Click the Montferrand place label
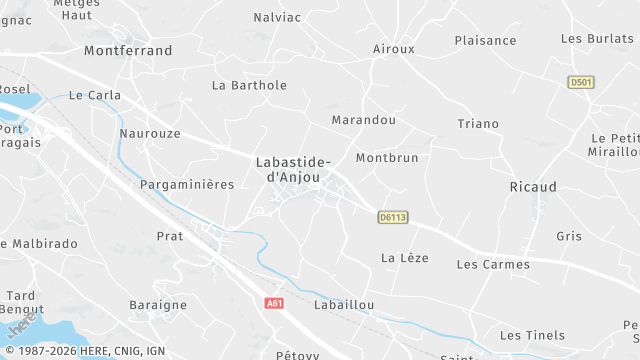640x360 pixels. pyautogui.click(x=128, y=50)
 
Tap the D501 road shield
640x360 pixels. pyautogui.click(x=580, y=82)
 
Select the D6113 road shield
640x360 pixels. pyautogui.click(x=394, y=217)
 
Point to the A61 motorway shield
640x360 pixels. pyautogui.click(x=275, y=303)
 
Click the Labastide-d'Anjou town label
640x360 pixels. pyautogui.click(x=293, y=168)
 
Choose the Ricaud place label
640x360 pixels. pyautogui.click(x=533, y=187)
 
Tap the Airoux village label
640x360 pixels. pyautogui.click(x=393, y=48)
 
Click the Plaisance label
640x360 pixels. pyautogui.click(x=485, y=40)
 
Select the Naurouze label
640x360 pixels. pyautogui.click(x=149, y=132)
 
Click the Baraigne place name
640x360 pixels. pyautogui.click(x=158, y=304)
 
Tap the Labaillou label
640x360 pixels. pyautogui.click(x=343, y=304)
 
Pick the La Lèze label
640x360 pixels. pyautogui.click(x=404, y=257)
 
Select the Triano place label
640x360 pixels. pyautogui.click(x=477, y=123)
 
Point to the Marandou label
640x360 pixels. pyautogui.click(x=363, y=120)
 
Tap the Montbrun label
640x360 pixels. pyautogui.click(x=387, y=158)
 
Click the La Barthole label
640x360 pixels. pyautogui.click(x=249, y=85)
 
